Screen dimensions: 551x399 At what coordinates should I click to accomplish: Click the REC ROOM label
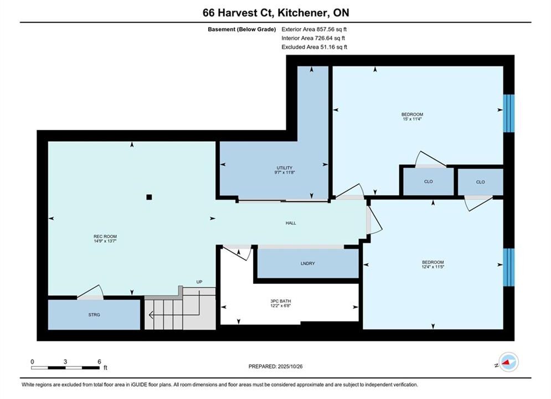point(105,237)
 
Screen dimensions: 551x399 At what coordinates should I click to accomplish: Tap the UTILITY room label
point(284,168)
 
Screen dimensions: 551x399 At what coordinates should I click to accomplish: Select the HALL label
point(291,223)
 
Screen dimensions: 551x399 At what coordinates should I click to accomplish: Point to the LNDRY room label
point(308,263)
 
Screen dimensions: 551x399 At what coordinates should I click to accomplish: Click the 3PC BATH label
point(280,301)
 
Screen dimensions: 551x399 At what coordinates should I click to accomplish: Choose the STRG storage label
point(94,315)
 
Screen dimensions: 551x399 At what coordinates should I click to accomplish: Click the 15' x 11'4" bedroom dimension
point(412,119)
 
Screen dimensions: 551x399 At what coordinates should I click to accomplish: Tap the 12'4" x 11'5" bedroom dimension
point(433,267)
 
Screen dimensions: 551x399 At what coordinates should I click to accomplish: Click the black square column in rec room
point(149,197)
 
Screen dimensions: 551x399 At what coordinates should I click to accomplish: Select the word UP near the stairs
point(199,282)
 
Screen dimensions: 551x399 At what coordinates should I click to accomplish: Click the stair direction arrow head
point(151,315)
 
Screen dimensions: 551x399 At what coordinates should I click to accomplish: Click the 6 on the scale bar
point(100,362)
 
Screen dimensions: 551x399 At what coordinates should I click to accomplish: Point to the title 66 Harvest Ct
point(237,13)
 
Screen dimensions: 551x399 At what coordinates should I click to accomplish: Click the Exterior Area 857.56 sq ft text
point(314,29)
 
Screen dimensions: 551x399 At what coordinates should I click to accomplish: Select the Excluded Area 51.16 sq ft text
point(315,47)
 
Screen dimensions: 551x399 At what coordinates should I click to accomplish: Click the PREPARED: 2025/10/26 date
point(276,366)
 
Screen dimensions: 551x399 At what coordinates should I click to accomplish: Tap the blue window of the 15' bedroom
point(508,113)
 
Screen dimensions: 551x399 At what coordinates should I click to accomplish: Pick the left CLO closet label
point(429,182)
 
